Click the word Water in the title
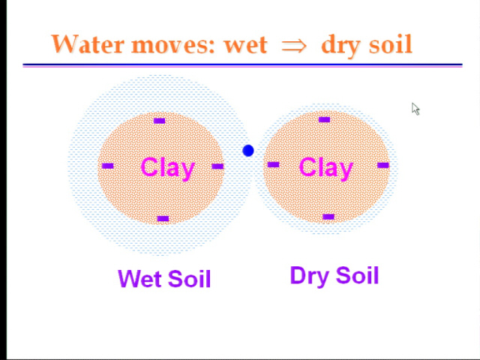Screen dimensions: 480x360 (87, 43)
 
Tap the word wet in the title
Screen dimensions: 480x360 (245, 46)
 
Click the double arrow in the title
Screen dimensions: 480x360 (294, 46)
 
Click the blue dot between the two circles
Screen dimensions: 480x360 (248, 151)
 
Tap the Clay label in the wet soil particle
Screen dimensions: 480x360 (168, 168)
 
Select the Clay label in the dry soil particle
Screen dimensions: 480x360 (326, 168)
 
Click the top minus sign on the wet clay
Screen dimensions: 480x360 (159, 121)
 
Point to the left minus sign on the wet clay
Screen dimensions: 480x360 (107, 166)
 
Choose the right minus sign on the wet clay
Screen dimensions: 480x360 (217, 166)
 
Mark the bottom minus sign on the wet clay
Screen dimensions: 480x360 (163, 218)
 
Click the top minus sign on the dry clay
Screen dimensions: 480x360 (324, 120)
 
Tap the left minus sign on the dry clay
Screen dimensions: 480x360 (273, 165)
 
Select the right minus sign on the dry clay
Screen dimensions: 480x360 (383, 165)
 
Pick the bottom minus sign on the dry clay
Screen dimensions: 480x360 (328, 217)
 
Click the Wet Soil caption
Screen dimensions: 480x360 (164, 278)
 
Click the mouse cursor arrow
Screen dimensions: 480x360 (415, 109)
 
